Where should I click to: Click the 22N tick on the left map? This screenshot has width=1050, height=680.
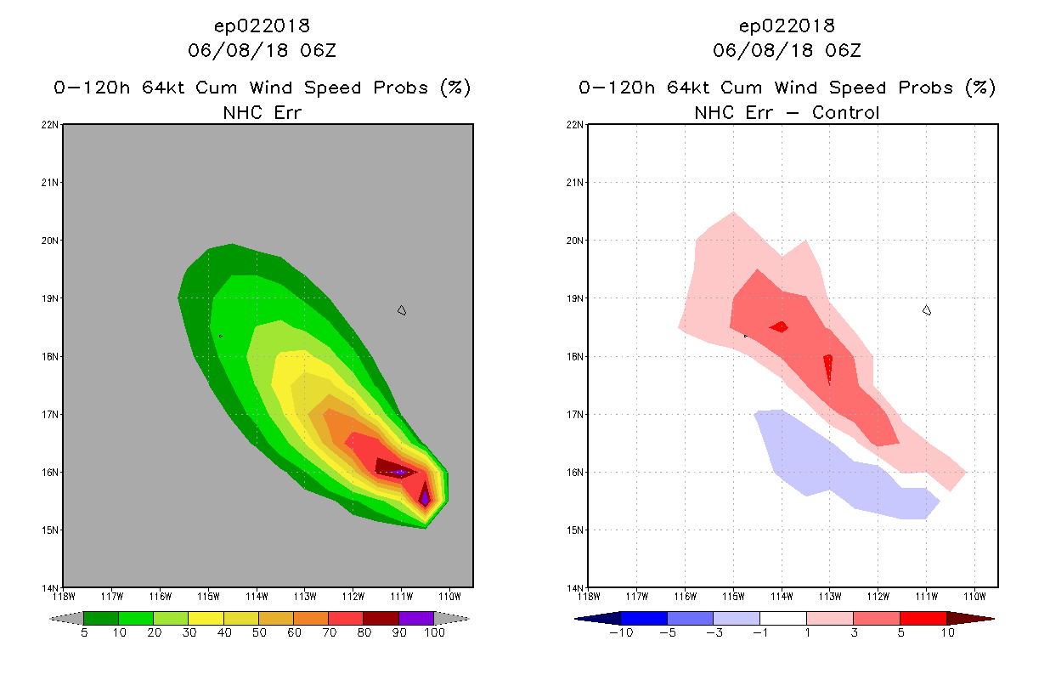point(50,125)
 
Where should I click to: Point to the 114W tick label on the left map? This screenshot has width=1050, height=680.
point(257,597)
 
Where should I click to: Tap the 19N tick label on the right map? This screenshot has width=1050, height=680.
point(575,298)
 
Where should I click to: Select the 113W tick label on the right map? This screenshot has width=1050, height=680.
point(830,597)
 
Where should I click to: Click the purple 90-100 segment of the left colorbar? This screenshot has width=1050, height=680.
point(416,618)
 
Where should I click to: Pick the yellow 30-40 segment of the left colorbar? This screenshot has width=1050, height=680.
point(206,618)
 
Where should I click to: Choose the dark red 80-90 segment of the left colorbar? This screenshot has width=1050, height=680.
point(381,618)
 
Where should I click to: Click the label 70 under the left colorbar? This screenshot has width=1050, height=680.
point(329,632)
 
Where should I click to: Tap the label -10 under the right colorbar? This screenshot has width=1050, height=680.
point(621,632)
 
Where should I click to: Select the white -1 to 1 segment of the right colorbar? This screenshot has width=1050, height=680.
point(783,618)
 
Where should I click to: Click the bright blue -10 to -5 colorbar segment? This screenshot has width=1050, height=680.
point(644,618)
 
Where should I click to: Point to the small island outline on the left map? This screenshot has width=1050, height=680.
point(402,310)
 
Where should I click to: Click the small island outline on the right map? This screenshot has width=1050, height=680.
point(927,310)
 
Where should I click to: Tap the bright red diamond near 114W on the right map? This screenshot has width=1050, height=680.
point(779,327)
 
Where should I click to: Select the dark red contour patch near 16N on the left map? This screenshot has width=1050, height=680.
point(392,468)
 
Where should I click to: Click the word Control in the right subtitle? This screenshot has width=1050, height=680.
point(845,113)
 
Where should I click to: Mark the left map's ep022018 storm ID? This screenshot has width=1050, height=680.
point(262,26)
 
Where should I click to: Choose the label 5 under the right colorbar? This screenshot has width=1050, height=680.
point(900,632)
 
